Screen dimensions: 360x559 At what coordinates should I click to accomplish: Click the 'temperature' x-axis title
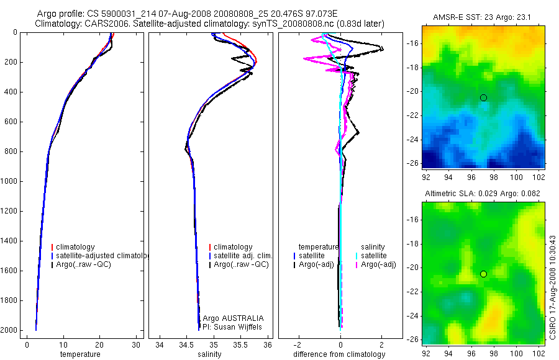tap(80, 354)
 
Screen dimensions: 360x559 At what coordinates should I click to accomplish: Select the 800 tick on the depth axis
tap(11, 151)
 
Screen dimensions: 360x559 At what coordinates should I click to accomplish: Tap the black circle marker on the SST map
tap(483, 97)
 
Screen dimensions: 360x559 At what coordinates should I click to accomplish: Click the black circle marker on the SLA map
tap(483, 274)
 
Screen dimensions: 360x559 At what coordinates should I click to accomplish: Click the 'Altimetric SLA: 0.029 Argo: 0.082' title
tap(483, 194)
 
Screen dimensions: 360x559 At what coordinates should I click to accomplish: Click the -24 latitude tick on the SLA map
tap(411, 315)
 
